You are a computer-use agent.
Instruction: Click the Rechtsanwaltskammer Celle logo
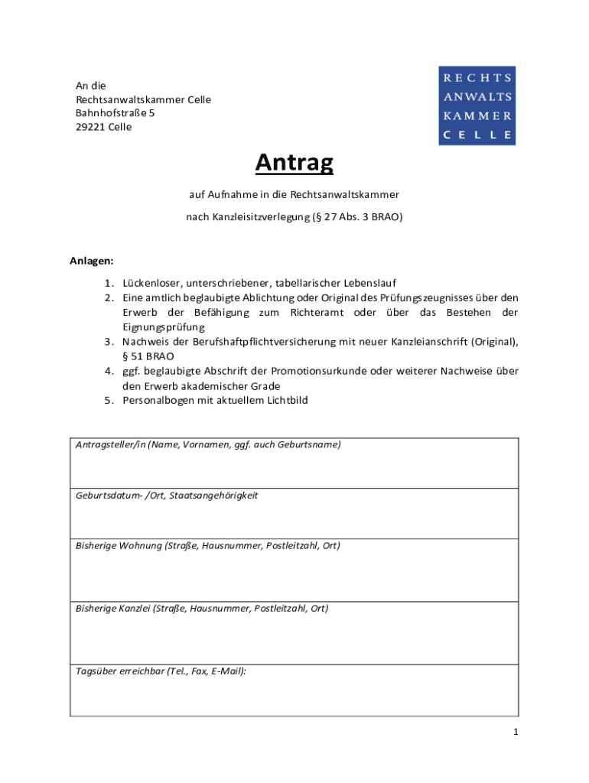[477, 106]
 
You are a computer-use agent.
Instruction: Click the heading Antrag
[294, 162]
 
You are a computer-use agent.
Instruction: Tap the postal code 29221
[90, 127]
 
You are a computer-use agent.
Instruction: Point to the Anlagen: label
[92, 261]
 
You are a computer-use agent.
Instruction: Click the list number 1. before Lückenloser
[109, 283]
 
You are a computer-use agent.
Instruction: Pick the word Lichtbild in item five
[286, 400]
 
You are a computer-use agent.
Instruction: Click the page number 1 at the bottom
[516, 733]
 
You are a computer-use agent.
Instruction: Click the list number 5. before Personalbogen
[109, 400]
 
